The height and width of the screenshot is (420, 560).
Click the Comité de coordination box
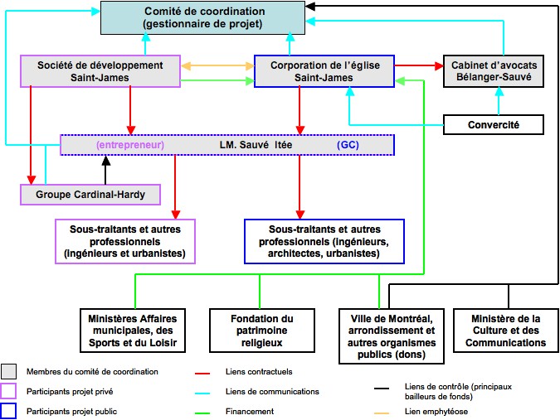202,18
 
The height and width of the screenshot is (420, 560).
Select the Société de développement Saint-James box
100,71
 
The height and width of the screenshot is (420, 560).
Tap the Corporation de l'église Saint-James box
324,71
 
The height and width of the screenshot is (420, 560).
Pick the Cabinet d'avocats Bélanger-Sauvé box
494,71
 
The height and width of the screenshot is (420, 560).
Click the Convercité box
494,125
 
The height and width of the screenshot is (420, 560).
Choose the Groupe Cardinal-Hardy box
90,195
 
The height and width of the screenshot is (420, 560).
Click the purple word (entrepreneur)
130,145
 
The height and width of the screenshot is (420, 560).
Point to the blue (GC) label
348,145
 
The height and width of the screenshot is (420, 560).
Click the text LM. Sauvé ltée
256,145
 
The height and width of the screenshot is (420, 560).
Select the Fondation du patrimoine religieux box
262,331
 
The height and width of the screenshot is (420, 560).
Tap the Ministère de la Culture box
506,331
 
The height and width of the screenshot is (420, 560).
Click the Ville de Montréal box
392,336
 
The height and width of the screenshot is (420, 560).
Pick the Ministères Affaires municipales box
133,331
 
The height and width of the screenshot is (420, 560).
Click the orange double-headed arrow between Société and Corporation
217,66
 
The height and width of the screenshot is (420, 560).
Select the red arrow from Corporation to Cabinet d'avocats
419,65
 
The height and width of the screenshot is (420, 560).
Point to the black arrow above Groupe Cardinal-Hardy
105,170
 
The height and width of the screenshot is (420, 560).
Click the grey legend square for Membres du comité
8,371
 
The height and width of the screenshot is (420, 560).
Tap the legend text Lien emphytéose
436,412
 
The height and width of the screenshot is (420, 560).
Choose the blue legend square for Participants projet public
8,411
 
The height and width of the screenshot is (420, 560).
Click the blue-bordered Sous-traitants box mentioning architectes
324,241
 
